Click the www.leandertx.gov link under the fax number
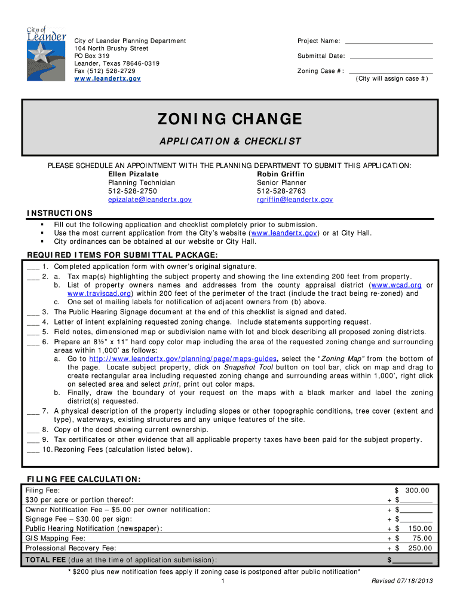108,78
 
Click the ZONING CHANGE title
229,120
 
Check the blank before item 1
33,267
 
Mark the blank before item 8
33,430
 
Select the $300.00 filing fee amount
413,491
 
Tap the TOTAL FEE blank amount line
412,561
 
